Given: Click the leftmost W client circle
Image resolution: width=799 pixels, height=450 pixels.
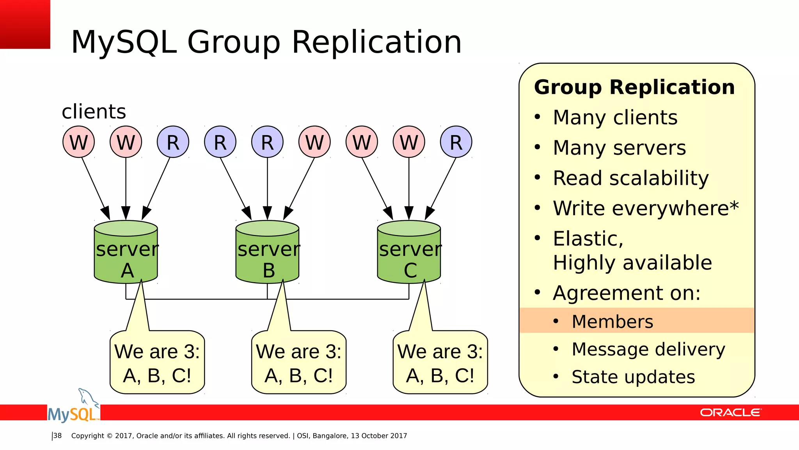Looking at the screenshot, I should pyautogui.click(x=79, y=142).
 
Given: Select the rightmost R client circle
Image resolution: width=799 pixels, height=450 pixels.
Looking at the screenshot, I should pyautogui.click(x=456, y=142).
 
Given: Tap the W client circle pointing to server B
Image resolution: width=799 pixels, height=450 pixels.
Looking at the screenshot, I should pyautogui.click(x=314, y=142).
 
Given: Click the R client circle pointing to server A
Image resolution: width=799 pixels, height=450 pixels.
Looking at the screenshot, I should pyautogui.click(x=173, y=142).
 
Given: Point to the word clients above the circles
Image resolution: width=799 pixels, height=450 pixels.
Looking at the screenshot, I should pyautogui.click(x=94, y=112).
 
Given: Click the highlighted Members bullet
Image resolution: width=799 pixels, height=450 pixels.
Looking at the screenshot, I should pyautogui.click(x=612, y=321).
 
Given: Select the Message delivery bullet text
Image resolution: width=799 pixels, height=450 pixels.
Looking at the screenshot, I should pyautogui.click(x=648, y=349).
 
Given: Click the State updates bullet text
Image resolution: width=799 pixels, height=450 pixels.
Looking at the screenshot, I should pyautogui.click(x=633, y=377).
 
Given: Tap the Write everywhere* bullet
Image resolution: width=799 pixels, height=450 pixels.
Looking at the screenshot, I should pyautogui.click(x=645, y=208).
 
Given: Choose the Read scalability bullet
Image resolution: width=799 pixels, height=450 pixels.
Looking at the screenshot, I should pyautogui.click(x=630, y=178).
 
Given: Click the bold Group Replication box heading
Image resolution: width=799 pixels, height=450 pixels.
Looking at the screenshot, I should pyautogui.click(x=634, y=87).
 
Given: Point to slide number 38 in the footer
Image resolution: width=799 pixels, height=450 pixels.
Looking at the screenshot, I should pyautogui.click(x=58, y=436).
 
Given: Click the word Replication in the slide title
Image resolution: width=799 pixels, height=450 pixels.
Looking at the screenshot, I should pyautogui.click(x=376, y=42).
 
